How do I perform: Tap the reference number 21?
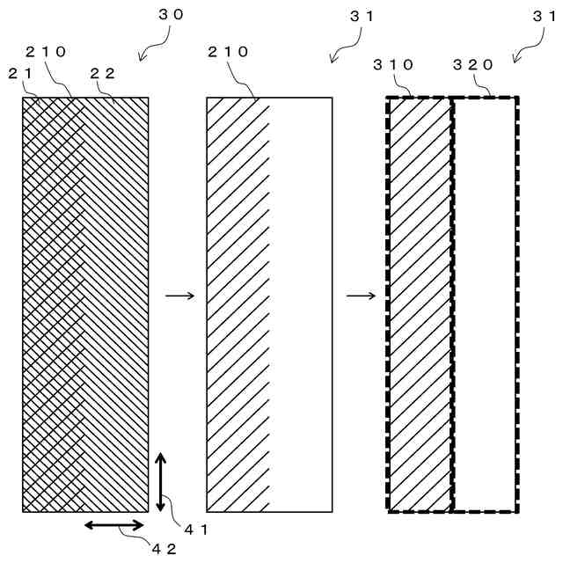tap(19, 74)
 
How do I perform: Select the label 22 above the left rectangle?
tap(104, 74)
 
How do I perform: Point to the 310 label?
tap(391, 64)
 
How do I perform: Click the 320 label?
tap(472, 64)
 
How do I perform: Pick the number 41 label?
tap(194, 528)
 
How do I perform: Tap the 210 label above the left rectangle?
tap(46, 52)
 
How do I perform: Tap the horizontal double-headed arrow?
tap(114, 525)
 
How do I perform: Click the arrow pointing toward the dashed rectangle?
tap(361, 296)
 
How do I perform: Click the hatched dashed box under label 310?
tap(420, 303)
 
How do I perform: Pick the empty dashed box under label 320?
tap(485, 303)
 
